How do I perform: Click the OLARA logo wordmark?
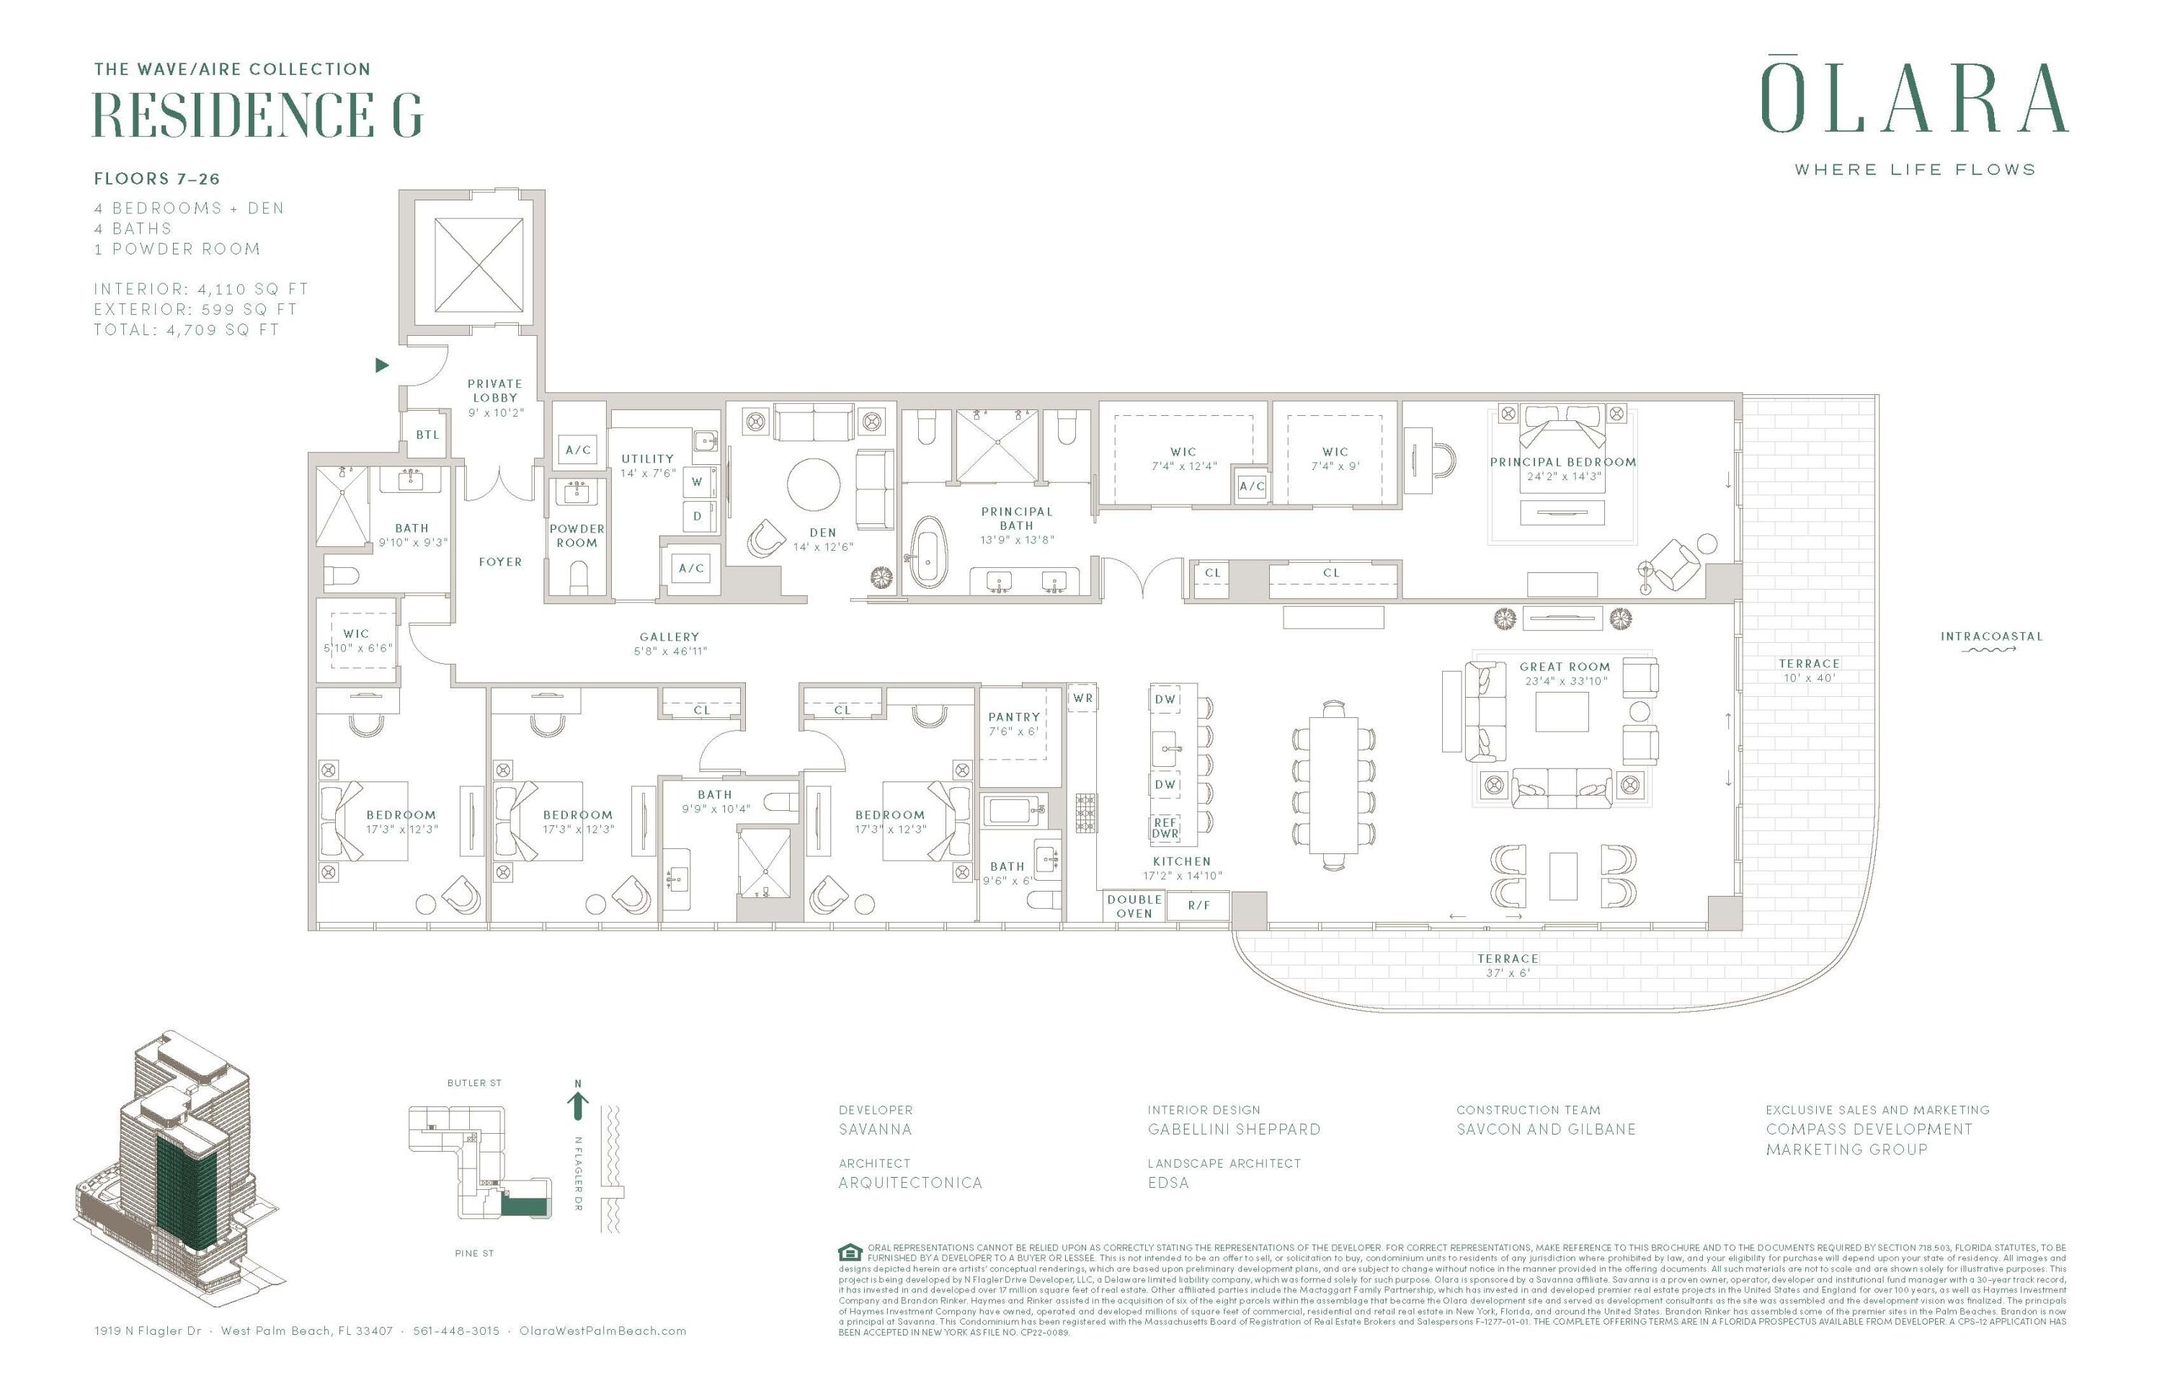pyautogui.click(x=1914, y=98)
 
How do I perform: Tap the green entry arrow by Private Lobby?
pyautogui.click(x=381, y=365)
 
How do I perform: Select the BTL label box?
pyautogui.click(x=427, y=435)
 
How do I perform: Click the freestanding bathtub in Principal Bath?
pyautogui.click(x=927, y=551)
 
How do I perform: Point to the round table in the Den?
pyautogui.click(x=814, y=484)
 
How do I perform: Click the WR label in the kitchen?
pyautogui.click(x=1082, y=698)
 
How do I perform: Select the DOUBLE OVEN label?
pyautogui.click(x=1134, y=906)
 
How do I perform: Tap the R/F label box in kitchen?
pyautogui.click(x=1198, y=906)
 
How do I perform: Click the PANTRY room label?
pyautogui.click(x=1014, y=716)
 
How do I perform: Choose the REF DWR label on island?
pyautogui.click(x=1165, y=827)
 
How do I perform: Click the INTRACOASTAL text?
pyautogui.click(x=1991, y=636)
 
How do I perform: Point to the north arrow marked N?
pyautogui.click(x=578, y=1102)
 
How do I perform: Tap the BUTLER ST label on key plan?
pyautogui.click(x=474, y=1083)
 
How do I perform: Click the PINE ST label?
pyautogui.click(x=474, y=1253)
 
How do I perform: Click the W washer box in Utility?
pyautogui.click(x=697, y=481)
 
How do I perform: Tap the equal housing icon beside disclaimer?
pyautogui.click(x=850, y=1252)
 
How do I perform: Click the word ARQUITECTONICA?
pyautogui.click(x=910, y=1183)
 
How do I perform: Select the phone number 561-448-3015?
pyautogui.click(x=456, y=1331)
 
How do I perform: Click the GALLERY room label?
pyautogui.click(x=669, y=637)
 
